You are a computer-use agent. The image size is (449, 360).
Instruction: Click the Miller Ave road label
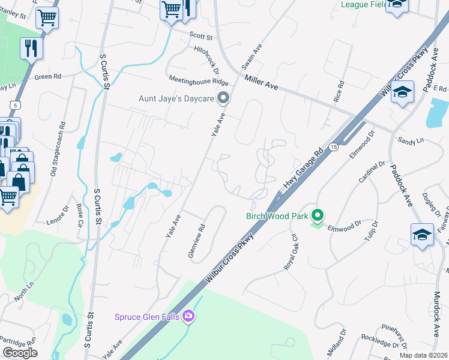tap(261, 81)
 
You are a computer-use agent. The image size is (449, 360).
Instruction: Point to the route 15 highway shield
tap(333, 147)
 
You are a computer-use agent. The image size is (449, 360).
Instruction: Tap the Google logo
tap(20, 353)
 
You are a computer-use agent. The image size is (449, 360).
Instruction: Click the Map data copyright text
tap(424, 355)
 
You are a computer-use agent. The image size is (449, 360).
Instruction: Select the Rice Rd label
tap(339, 91)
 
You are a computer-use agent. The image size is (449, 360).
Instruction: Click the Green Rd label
tap(48, 77)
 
